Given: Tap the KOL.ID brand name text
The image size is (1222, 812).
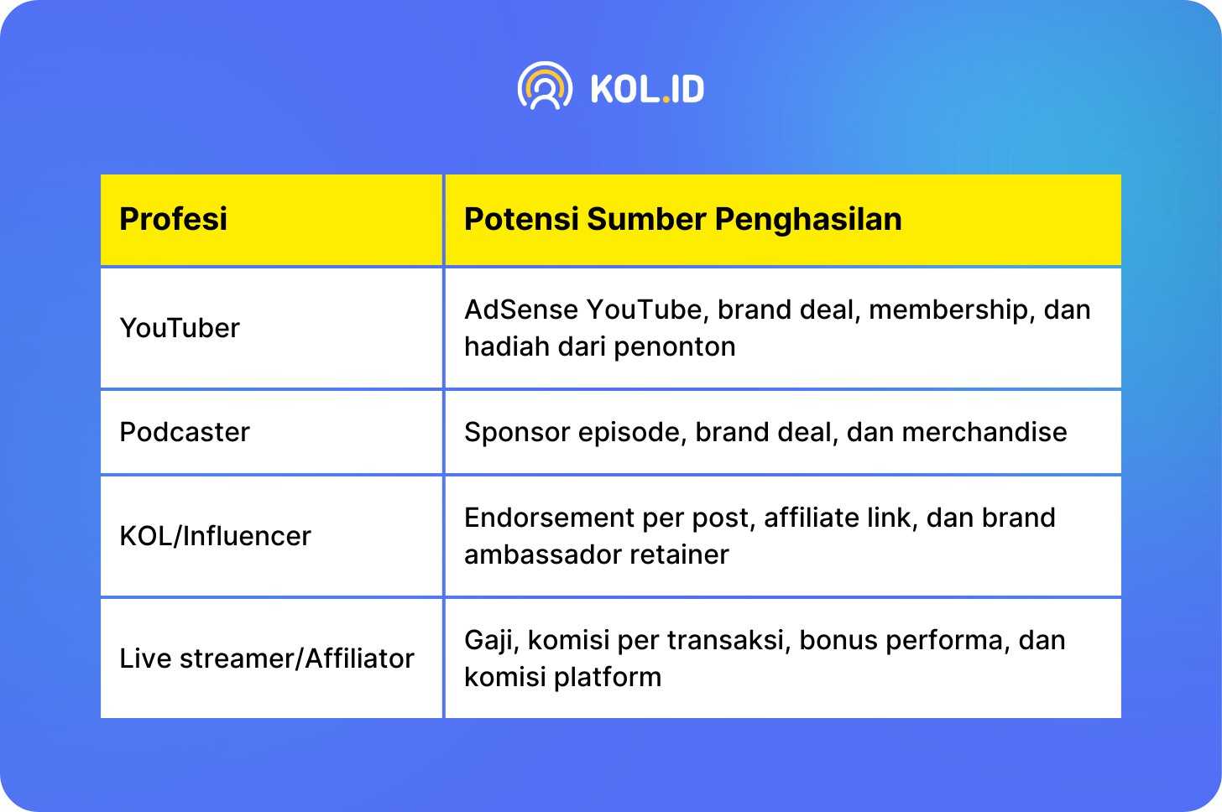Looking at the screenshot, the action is pyautogui.click(x=647, y=89).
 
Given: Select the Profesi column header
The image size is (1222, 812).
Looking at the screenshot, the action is pyautogui.click(x=173, y=219).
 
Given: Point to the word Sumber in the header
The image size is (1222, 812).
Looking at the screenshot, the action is pyautogui.click(x=646, y=219).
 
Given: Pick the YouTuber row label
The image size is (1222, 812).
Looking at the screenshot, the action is pyautogui.click(x=180, y=328).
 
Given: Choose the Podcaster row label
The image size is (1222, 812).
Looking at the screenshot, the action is pyautogui.click(x=185, y=432).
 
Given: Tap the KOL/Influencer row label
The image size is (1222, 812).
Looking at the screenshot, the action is pyautogui.click(x=215, y=536).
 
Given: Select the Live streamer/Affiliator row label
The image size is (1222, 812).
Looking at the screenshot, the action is pyautogui.click(x=267, y=658).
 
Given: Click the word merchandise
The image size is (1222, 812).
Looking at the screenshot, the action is pyautogui.click(x=984, y=432).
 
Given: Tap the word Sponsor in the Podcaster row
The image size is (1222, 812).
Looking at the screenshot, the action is pyautogui.click(x=517, y=433).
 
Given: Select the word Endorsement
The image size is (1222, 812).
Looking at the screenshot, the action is pyautogui.click(x=548, y=518).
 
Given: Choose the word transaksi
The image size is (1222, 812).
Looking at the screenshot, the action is pyautogui.click(x=728, y=640).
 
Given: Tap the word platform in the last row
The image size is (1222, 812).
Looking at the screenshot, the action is pyautogui.click(x=608, y=677).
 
